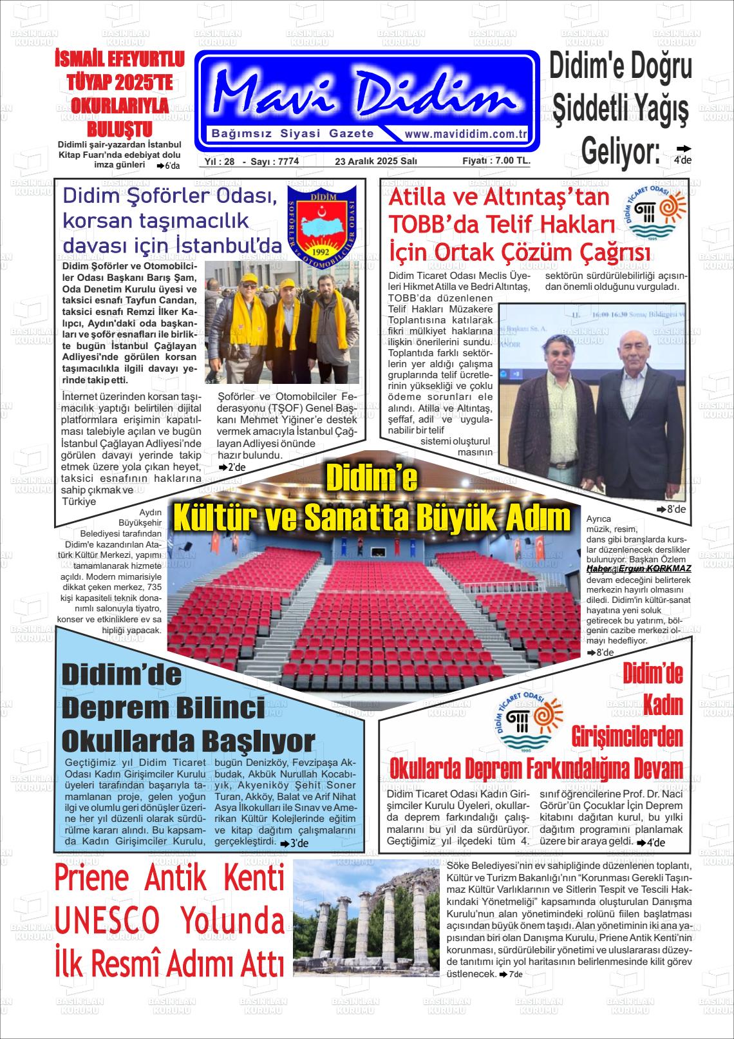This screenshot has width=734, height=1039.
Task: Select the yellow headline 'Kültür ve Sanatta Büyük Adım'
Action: point(372,518)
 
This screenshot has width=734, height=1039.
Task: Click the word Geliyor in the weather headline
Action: point(620,150)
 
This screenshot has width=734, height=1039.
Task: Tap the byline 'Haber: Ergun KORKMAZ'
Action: point(639,569)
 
